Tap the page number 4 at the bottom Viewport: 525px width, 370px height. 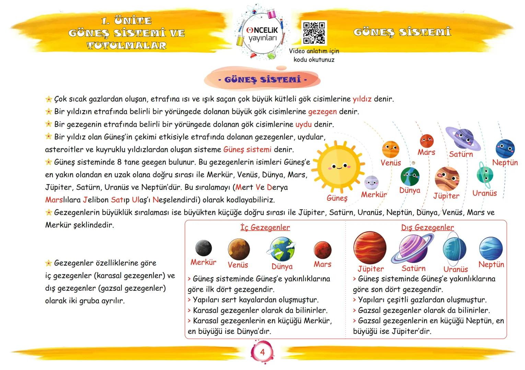(x=262, y=352)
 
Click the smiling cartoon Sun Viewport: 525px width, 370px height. (x=339, y=167)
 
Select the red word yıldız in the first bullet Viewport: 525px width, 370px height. (x=362, y=99)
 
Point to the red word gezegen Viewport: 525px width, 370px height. (x=322, y=112)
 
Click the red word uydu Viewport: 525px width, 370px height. (x=303, y=124)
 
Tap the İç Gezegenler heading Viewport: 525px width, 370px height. (x=265, y=227)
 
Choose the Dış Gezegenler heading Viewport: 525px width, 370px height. (x=427, y=227)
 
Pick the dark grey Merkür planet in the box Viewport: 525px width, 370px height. (x=203, y=248)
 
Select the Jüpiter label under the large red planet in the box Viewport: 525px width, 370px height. (x=371, y=269)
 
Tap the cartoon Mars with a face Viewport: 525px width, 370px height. (x=427, y=140)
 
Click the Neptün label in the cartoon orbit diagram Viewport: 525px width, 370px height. (x=505, y=163)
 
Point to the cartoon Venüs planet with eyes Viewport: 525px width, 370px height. (x=390, y=149)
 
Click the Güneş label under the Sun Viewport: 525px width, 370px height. (x=337, y=198)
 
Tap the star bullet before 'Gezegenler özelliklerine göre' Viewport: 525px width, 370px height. (x=49, y=263)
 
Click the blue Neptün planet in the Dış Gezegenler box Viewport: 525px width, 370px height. (x=491, y=248)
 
